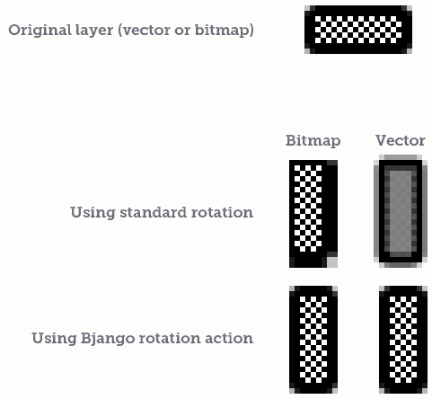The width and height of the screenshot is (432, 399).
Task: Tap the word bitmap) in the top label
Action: pyautogui.click(x=225, y=31)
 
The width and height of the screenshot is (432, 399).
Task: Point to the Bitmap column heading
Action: pyautogui.click(x=313, y=141)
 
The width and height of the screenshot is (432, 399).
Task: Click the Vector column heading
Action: pyautogui.click(x=401, y=140)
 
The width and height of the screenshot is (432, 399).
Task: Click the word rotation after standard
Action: pyautogui.click(x=222, y=212)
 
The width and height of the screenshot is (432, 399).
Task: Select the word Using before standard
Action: pyautogui.click(x=93, y=213)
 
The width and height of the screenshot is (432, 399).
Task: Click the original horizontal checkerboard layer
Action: pyautogui.click(x=358, y=30)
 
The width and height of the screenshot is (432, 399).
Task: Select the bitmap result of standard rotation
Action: pyautogui.click(x=313, y=214)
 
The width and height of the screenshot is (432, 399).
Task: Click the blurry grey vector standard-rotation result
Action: pyautogui.click(x=401, y=211)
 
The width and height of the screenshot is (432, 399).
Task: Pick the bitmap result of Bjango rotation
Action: pyautogui.click(x=313, y=340)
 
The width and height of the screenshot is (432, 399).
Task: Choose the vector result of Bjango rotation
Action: pyautogui.click(x=403, y=340)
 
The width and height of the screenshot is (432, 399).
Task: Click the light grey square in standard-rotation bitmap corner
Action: pyautogui.click(x=332, y=262)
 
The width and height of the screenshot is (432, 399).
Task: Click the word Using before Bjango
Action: pyautogui.click(x=54, y=339)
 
